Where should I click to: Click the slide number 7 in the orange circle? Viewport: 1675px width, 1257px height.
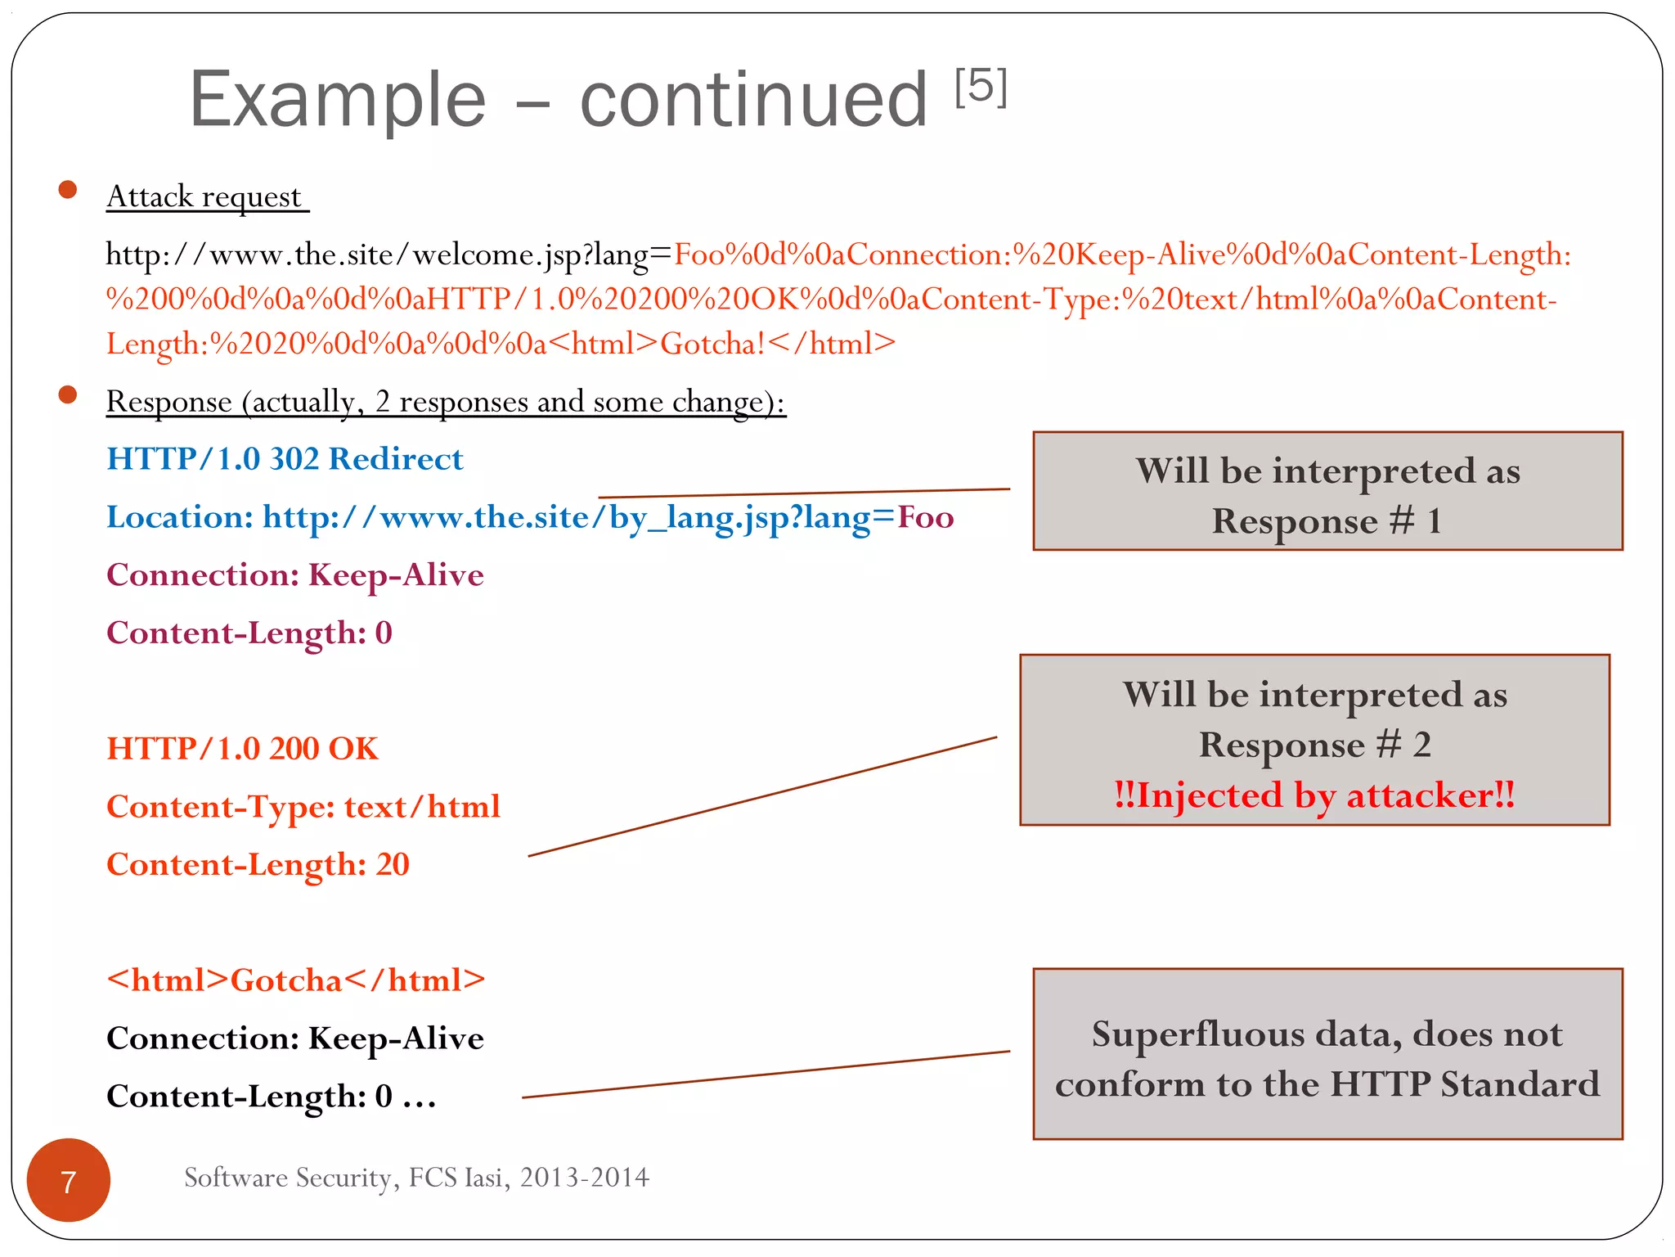69,1181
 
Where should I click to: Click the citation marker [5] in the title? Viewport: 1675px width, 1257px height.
981,87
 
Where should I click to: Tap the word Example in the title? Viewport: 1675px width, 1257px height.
338,100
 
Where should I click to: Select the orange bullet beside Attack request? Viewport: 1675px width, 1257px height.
68,191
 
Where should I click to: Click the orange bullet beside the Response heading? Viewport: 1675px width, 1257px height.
68,395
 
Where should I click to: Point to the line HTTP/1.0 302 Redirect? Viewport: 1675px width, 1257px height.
285,459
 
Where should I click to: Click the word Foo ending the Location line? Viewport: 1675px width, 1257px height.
926,517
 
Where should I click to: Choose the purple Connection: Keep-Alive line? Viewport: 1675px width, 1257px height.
294,575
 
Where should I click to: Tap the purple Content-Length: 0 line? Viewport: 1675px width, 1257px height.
249,633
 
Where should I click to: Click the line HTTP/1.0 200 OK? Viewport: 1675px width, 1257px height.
242,749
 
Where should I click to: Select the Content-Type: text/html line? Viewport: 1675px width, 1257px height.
303,807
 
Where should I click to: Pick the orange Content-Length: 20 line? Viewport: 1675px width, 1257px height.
258,865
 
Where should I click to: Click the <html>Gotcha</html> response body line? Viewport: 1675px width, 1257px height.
295,980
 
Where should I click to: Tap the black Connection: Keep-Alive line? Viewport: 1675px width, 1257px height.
294,1038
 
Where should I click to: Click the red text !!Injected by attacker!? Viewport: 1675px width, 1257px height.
1314,795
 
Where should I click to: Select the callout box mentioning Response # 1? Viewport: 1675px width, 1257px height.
1327,491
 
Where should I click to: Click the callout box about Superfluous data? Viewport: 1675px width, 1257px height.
1327,1054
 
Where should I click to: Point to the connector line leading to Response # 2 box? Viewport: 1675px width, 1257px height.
762,796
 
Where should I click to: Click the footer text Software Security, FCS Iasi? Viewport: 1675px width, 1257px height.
416,1178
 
